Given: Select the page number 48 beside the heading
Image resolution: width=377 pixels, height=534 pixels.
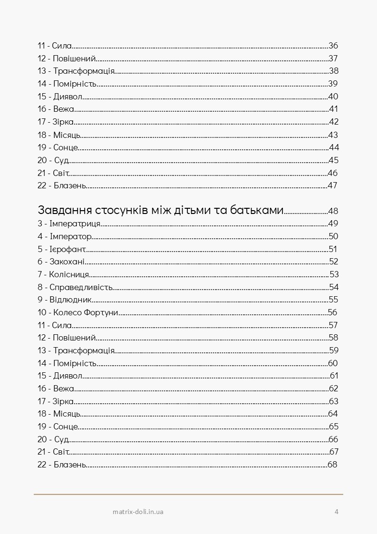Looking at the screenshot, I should coord(333,211).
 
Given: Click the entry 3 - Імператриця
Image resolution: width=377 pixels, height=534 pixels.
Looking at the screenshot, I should coord(69,223).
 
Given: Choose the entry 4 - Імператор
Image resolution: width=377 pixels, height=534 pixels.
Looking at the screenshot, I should coord(64,236).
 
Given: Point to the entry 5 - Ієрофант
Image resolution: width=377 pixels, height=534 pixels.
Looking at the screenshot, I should coord(62,249).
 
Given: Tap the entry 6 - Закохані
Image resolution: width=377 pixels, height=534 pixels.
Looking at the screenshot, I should coord(61,262).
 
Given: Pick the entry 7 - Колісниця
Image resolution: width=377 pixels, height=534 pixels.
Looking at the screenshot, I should coord(63,274).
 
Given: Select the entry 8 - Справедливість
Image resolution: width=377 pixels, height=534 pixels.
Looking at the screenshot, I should coord(75,287).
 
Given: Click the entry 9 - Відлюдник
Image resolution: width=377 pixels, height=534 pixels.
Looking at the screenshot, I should coord(65,300).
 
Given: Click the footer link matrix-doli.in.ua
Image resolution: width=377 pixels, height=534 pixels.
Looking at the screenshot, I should coord(138,512).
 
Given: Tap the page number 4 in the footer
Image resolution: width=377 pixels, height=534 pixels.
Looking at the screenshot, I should coord(337,512).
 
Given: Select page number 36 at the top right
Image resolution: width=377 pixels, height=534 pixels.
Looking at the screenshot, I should coord(333,46).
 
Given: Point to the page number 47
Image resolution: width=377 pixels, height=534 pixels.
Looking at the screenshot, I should coord(332,185).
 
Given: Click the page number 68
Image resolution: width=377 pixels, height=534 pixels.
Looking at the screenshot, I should coord(332,465).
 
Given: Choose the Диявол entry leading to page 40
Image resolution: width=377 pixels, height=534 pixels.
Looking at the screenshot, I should coord(60,97).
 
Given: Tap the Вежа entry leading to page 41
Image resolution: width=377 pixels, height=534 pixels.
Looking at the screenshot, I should coord(56,109).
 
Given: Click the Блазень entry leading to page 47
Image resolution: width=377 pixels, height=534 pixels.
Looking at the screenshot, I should coord(62,185).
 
